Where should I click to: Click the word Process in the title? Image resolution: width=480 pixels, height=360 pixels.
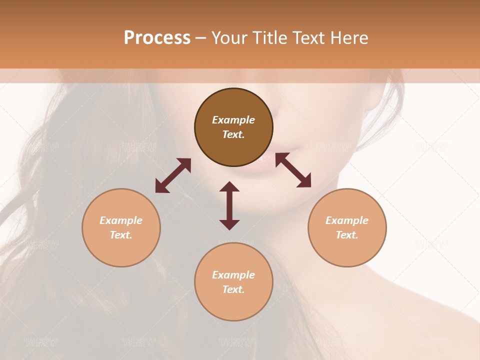coord(157,38)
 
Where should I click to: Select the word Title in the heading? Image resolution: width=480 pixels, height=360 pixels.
coord(270,38)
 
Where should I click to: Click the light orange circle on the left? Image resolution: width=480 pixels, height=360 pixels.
coord(121,227)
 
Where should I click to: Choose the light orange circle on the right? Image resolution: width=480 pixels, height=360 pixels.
coord(347,227)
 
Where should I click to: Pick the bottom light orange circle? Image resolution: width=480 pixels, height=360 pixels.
coord(233,282)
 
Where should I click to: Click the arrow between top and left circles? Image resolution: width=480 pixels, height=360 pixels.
coord(173,175)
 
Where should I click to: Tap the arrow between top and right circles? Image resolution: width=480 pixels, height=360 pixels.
coord(293,170)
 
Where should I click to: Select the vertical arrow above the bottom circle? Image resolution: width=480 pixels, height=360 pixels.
coord(229,205)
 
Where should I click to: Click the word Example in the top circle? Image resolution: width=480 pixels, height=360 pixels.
coord(233,120)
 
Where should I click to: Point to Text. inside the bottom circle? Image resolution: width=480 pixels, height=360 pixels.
coord(233,289)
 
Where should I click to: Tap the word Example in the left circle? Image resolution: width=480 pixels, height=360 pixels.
coord(121,220)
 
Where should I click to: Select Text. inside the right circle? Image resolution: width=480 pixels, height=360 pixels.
coord(347,235)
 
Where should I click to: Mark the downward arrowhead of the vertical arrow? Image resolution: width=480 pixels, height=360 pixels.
coord(229,224)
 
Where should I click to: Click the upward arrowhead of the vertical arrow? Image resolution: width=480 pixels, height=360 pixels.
coord(229,187)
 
